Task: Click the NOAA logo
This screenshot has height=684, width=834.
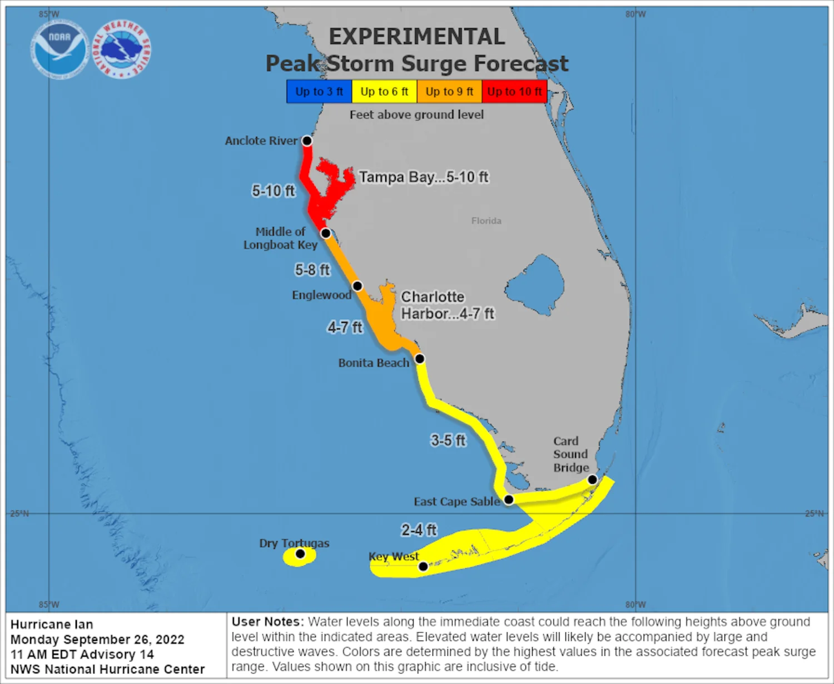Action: (x=59, y=49)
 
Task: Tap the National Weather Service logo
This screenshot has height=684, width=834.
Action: (x=121, y=49)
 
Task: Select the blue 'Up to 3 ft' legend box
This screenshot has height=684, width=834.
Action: (x=319, y=92)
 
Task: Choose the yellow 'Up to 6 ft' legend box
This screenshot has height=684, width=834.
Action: (x=384, y=92)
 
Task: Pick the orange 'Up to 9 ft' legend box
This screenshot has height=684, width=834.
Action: (x=449, y=92)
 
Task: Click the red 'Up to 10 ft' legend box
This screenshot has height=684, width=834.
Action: (x=514, y=92)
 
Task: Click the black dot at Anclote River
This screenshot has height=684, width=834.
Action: (x=307, y=141)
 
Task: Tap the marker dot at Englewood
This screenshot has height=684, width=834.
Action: (x=358, y=286)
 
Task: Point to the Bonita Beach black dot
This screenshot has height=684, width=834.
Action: (x=420, y=359)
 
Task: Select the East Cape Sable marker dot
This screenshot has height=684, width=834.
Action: (x=508, y=499)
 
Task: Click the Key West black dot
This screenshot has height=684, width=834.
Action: (x=423, y=566)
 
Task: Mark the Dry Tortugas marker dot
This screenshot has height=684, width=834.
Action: (x=300, y=553)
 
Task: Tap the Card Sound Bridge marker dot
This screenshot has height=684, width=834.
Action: (x=593, y=479)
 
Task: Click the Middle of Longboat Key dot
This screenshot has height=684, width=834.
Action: (x=326, y=233)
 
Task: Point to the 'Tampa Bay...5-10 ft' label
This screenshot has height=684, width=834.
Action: (x=423, y=177)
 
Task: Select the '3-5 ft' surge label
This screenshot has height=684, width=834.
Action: (x=448, y=440)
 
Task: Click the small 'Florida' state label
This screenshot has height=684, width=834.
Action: (x=487, y=221)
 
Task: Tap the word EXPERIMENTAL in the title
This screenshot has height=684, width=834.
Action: (x=417, y=37)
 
